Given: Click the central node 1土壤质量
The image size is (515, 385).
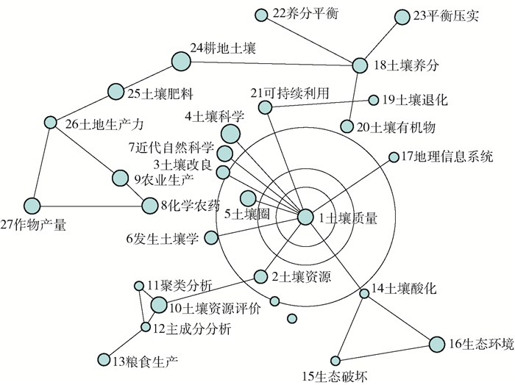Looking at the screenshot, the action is pyautogui.click(x=305, y=216).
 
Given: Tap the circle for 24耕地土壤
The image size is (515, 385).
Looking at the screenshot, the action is pyautogui.click(x=180, y=62).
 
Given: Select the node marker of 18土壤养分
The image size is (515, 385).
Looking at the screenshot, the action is pyautogui.click(x=359, y=65).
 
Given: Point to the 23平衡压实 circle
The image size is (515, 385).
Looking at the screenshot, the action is pyautogui.click(x=402, y=16).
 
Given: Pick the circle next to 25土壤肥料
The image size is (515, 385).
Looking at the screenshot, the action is pyautogui.click(x=116, y=91).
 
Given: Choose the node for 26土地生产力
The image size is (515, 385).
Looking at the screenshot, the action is pyautogui.click(x=50, y=122).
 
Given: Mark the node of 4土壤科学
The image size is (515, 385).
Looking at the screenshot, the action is pyautogui.click(x=230, y=133).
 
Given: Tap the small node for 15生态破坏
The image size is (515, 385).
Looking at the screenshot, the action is pyautogui.click(x=335, y=360).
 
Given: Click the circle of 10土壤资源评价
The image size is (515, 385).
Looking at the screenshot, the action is pyautogui.click(x=159, y=303).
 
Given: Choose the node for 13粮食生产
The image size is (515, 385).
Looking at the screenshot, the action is pyautogui.click(x=103, y=359).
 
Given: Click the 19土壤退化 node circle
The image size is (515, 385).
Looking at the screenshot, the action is pyautogui.click(x=373, y=100).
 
